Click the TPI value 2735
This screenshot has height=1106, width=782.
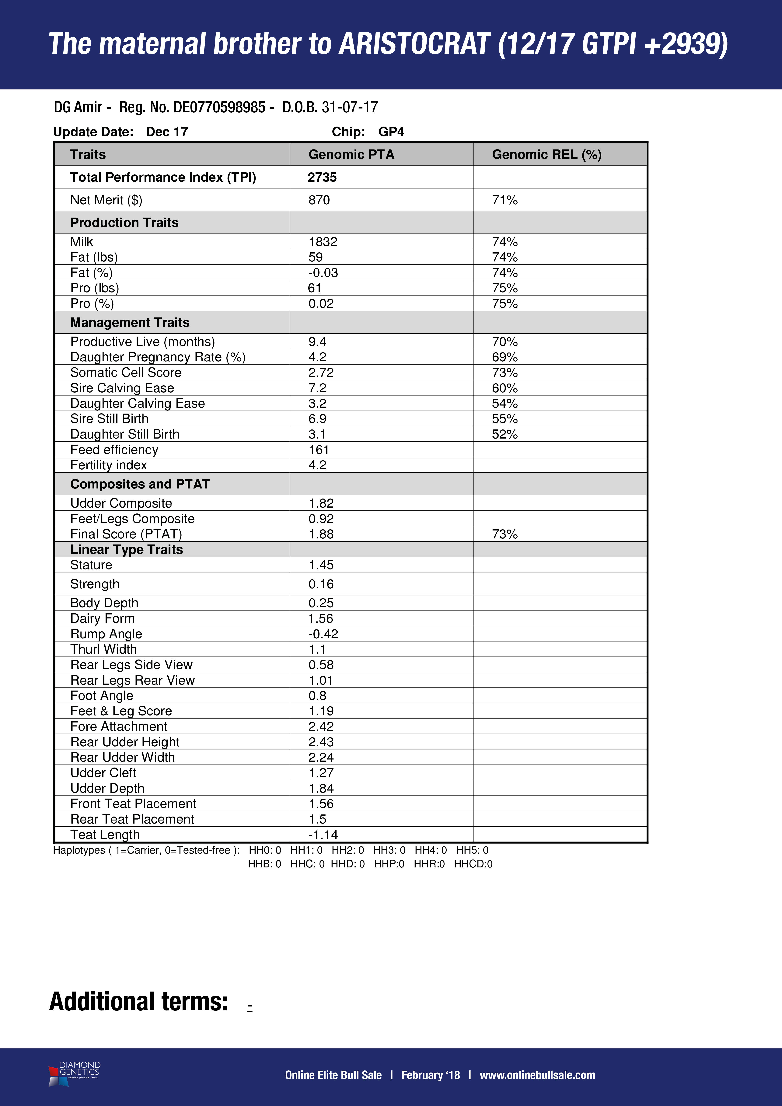(322, 177)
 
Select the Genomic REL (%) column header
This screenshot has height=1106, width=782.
(546, 155)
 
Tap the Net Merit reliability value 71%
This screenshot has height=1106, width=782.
(505, 200)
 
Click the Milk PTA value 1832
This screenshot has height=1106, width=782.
(323, 242)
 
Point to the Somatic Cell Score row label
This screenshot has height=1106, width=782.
(126, 372)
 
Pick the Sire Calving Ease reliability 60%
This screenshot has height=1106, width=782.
(505, 388)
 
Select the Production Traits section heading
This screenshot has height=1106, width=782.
(124, 222)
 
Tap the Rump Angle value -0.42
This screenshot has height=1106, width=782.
(323, 634)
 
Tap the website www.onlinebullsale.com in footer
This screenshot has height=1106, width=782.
(537, 1075)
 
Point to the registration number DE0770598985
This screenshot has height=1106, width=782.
(219, 107)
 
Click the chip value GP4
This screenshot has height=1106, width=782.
(391, 132)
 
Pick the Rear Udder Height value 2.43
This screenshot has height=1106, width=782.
(321, 742)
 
